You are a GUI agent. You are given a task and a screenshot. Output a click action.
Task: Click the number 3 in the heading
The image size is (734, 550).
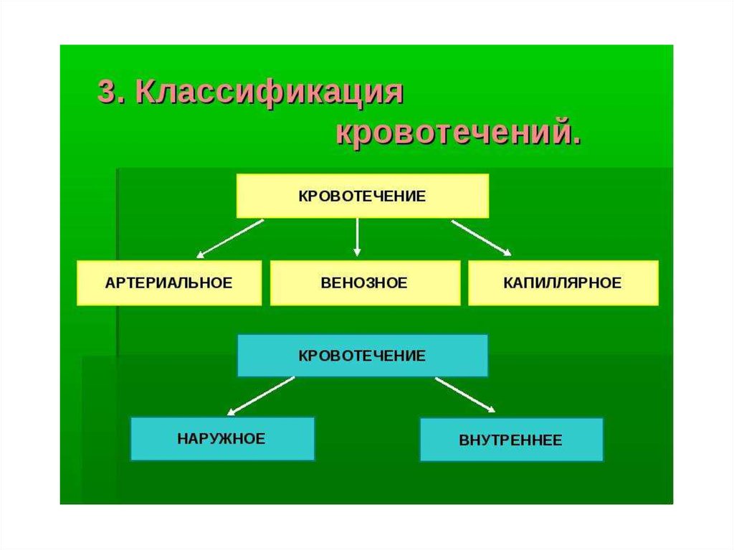[x=106, y=93]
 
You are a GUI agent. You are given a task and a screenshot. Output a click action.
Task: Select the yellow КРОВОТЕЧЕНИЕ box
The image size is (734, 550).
[x=363, y=195]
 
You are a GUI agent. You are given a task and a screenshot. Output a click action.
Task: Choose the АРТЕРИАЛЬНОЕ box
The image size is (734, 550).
[x=169, y=283]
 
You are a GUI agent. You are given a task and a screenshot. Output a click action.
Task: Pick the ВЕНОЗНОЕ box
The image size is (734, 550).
[x=365, y=283]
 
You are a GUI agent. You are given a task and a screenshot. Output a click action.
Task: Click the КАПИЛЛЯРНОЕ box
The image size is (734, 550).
[x=563, y=283]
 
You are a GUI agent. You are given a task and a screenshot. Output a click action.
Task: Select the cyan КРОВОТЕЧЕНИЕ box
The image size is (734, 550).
[x=363, y=355]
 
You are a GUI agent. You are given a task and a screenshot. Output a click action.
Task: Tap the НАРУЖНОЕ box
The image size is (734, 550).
[x=222, y=438]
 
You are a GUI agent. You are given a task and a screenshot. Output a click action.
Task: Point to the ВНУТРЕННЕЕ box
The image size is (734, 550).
[x=511, y=440]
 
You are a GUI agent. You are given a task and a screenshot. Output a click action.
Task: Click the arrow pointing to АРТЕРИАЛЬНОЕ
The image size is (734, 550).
[x=231, y=238]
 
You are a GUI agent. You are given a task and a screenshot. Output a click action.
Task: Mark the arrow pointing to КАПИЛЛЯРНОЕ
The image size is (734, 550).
[x=481, y=237]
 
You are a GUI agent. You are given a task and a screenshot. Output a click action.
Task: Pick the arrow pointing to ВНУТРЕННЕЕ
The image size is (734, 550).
[x=464, y=394]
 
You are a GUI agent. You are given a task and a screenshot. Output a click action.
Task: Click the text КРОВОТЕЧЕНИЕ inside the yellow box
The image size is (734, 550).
[x=363, y=195]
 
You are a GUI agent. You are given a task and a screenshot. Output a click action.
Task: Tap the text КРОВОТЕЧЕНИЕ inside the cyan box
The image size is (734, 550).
[x=363, y=355]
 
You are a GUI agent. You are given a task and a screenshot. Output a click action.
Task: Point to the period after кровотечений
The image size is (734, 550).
[x=575, y=141]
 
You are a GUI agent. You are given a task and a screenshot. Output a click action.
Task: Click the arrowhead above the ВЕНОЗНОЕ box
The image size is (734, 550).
[x=357, y=252]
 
